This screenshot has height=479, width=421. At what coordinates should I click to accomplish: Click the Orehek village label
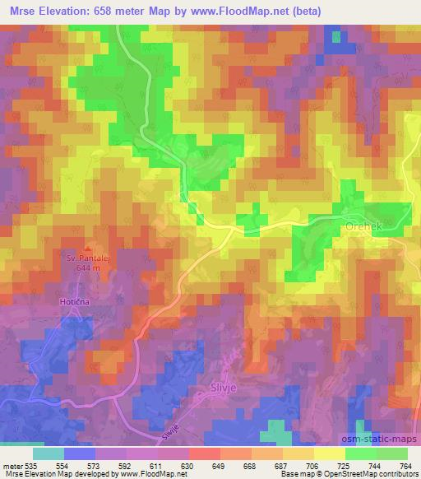click(359, 223)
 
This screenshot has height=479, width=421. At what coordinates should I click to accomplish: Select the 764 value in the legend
click(405, 466)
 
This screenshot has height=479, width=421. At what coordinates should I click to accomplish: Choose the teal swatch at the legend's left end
click(49, 453)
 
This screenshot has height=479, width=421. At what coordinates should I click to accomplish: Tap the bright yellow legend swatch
click(329, 453)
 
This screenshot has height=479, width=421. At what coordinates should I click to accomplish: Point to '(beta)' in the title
click(303, 11)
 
